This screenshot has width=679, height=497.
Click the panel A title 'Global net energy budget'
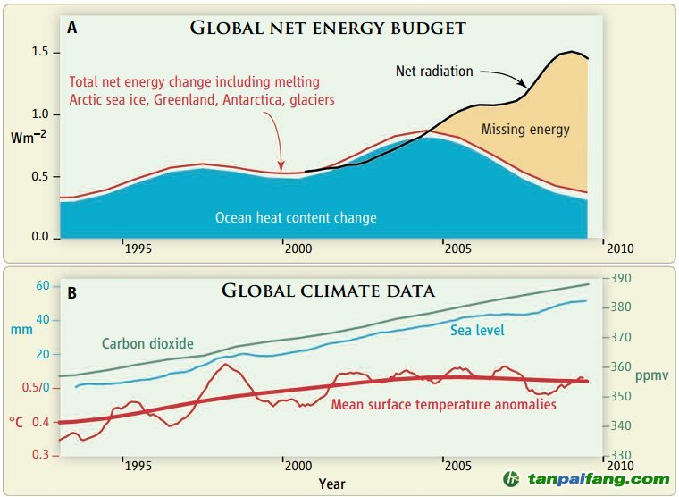point(328,28)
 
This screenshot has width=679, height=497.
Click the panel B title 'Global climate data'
point(328,291)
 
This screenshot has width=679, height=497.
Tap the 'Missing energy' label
point(525,130)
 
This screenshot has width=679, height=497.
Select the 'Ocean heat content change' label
point(296,217)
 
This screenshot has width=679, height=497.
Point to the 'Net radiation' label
point(434,71)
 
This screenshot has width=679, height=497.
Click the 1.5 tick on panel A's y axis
point(39,53)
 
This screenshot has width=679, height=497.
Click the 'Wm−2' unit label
point(29,138)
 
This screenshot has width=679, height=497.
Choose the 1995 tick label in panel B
point(138,466)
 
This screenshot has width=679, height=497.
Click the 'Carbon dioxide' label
point(147,343)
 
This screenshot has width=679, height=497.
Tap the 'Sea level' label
point(478,331)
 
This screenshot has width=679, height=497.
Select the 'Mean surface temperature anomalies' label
point(444,405)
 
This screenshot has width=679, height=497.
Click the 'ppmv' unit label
point(651,375)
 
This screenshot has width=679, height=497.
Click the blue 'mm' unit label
point(21,330)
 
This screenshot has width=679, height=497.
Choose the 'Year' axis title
point(331,484)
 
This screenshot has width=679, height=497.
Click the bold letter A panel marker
point(71,28)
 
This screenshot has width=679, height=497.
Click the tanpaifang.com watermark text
point(597,479)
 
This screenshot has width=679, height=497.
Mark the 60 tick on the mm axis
point(41,285)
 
